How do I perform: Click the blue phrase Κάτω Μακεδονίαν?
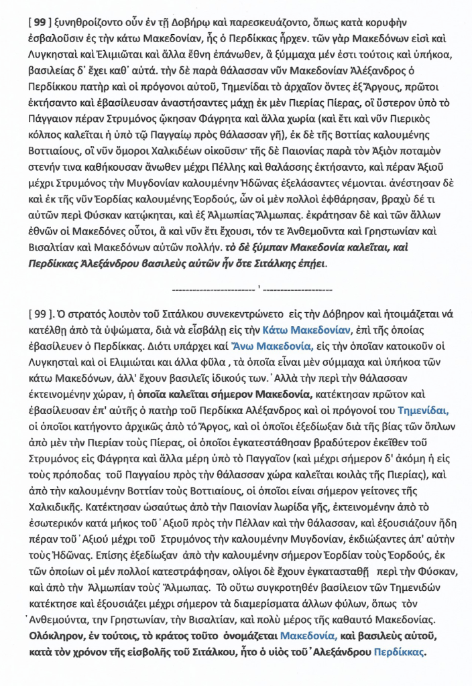click(306, 330)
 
